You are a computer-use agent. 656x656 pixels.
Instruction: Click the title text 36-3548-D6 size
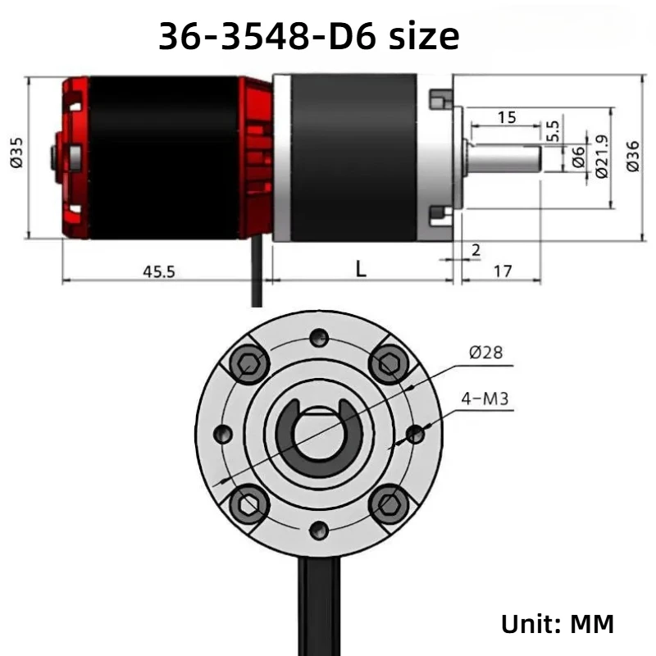point(309,36)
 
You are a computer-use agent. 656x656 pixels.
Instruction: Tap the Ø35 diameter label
point(17,153)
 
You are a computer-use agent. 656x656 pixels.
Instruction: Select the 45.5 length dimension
point(159,272)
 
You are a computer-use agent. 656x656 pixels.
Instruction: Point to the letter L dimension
point(361,269)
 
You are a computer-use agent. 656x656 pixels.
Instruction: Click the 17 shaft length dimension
point(503,271)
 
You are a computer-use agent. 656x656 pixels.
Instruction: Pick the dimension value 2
point(476,250)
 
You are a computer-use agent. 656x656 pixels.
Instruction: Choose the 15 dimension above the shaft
point(507,117)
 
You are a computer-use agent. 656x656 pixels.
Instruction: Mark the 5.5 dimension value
point(553,131)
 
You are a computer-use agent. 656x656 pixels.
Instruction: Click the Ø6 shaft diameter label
point(578,157)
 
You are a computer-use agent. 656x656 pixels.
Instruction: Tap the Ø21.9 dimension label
point(601,157)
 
